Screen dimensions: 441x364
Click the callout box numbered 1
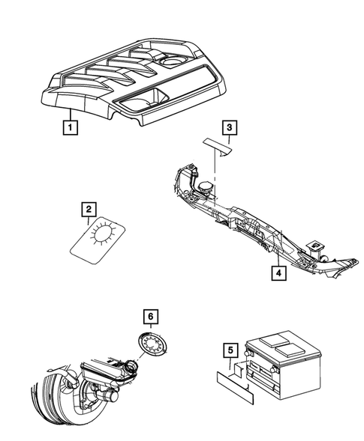point(69,127)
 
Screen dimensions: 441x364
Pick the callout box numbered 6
point(150,318)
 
